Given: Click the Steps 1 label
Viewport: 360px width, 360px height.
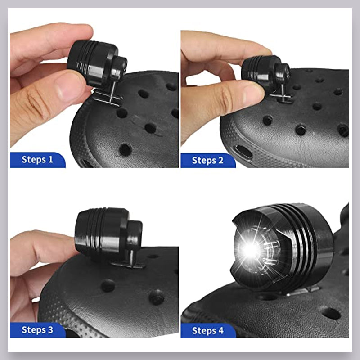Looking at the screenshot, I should (37, 159).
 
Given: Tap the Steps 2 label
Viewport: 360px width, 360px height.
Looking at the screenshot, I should (207, 160).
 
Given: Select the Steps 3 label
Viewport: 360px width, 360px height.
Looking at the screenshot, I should (37, 329).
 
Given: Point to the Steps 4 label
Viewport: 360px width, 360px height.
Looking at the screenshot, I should (207, 330).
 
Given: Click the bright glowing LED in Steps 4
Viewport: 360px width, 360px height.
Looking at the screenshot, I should (247, 249).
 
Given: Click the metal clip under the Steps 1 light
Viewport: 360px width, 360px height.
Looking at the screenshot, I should (108, 97).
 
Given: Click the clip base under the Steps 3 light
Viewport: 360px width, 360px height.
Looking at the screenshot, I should (131, 263).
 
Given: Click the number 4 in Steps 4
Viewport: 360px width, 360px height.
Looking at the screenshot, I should (220, 330).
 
